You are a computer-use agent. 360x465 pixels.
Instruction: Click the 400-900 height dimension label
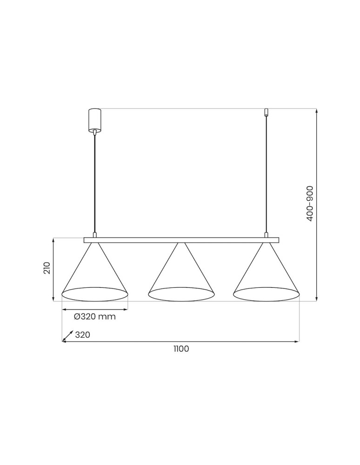[x=310, y=203]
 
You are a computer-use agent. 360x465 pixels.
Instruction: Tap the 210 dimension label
[x=47, y=268]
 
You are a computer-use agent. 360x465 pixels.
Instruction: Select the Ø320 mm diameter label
[x=94, y=317]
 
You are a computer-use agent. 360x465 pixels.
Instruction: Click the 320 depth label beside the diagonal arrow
[x=82, y=335]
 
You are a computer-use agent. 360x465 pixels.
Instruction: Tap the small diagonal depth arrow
[x=67, y=336]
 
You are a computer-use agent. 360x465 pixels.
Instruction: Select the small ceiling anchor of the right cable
[x=266, y=113]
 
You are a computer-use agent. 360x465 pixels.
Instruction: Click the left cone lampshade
[x=94, y=274]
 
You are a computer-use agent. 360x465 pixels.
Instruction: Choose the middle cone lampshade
[x=180, y=274]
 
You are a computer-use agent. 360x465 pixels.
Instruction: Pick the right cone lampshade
[x=266, y=274]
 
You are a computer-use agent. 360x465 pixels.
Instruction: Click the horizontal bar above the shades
[x=181, y=240]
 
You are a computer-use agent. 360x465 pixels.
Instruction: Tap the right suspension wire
[x=266, y=177]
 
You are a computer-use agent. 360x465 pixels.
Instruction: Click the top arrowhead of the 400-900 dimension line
[x=317, y=111]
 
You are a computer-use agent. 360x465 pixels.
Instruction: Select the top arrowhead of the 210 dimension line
[x=54, y=240]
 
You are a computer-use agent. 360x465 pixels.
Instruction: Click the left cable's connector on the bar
[x=94, y=235]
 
